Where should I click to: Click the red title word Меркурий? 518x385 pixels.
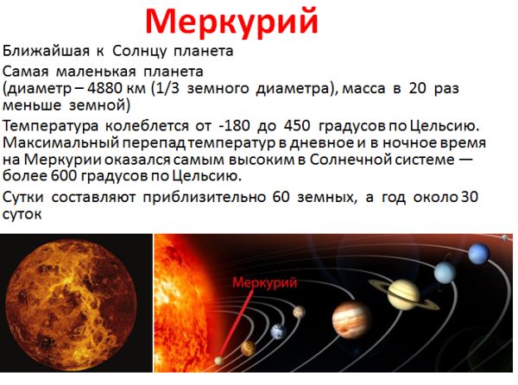coord(231,20)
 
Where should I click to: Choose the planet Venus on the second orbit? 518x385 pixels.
coord(247,348)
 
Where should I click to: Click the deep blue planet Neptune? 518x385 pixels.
coord(477,255)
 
